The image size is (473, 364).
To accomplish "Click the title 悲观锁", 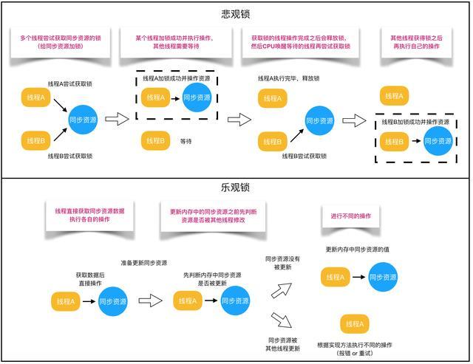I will pos(236,15).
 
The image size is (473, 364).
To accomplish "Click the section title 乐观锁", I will pos(236,188).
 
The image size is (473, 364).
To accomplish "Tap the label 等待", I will pos(186,141).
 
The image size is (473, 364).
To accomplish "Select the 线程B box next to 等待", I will pos(154,141).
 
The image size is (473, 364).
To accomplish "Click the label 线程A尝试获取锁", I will pos(70,84).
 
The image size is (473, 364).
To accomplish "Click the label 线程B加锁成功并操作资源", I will pos(415,122).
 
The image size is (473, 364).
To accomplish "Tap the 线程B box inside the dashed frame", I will pos(394,140).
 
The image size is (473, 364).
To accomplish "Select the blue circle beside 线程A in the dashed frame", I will pos(197,97).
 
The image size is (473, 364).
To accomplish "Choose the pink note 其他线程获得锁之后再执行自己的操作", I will pos(417,41).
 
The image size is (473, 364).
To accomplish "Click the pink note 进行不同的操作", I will pos(350,216).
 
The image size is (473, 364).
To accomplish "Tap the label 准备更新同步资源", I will pos(143,263).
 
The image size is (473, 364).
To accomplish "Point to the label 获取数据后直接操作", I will pos(90,278).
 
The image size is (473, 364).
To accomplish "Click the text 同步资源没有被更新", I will pos(282,264).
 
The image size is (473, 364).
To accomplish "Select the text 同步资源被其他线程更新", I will pos(282,343).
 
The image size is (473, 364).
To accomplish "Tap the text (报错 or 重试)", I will pos(355,353).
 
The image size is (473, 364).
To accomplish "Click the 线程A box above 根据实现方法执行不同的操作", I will pos(354,323).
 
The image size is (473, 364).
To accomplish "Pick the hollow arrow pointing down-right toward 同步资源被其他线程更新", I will pos(282,320).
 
